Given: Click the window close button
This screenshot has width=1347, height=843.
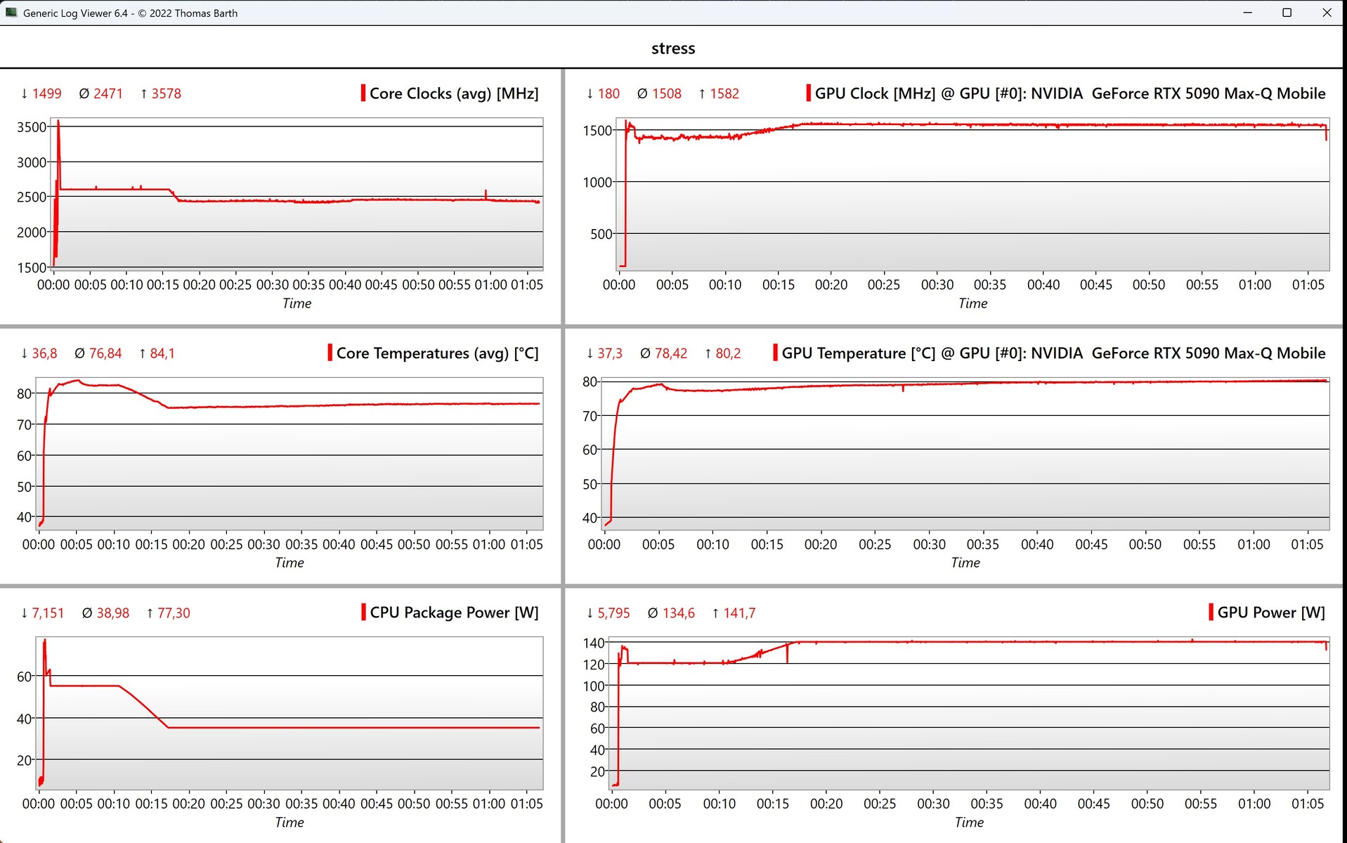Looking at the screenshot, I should coord(1327,13).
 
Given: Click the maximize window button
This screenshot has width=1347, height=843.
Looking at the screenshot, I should coord(1287,13).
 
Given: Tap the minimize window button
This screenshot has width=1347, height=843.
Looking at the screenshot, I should coord(1247,13).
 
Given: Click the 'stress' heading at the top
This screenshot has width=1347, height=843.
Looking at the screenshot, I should coord(672,48).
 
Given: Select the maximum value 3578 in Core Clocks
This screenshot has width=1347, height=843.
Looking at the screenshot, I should coord(166,93).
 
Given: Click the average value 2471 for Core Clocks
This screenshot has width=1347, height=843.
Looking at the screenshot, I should coord(108,93).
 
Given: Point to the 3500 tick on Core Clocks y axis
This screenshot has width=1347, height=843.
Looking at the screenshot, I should coord(32,127).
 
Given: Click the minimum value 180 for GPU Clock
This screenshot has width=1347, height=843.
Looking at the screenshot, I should coord(609,93).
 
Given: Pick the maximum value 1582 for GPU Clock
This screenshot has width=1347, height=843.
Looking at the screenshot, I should coord(724,93).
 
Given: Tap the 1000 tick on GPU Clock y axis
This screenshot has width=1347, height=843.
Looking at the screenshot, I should coord(597,182).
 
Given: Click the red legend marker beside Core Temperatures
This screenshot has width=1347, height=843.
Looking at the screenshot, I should coord(330,353).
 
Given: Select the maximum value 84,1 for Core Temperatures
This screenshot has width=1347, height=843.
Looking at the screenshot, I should coord(162,353).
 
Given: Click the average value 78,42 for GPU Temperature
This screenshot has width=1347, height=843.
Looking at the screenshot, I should coord(670,353).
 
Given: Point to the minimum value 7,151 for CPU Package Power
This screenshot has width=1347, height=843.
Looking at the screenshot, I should coord(47,613).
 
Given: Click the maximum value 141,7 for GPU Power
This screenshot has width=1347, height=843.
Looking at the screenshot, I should coord(739,613).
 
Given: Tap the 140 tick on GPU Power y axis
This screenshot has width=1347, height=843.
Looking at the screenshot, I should coord(593,643).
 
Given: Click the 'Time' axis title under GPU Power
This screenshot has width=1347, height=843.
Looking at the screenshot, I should coord(968,822).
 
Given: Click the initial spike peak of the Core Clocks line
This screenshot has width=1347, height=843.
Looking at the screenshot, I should coord(58,122).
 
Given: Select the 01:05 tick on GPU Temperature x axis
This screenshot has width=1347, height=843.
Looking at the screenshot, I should coord(1306,544).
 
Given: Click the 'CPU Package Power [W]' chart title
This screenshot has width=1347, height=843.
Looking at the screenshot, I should coord(454,613).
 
